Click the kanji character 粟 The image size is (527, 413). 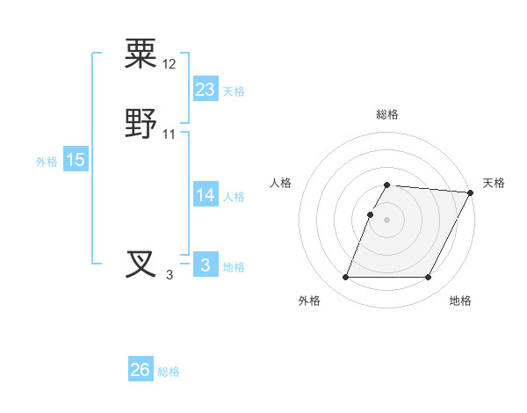coord(141,54)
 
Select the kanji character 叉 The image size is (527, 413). coord(141,264)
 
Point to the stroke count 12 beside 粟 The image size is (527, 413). coord(170,65)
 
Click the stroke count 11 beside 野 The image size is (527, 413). coord(170,134)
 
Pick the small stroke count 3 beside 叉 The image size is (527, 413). coord(170,275)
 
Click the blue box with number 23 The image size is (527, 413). coord(205,89)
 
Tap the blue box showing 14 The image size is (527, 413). coord(205,195)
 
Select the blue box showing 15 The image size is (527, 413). coord(76,160)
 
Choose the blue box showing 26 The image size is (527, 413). coord(141,370)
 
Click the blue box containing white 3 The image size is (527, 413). coord(205,265)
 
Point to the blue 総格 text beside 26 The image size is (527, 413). coord(169,372)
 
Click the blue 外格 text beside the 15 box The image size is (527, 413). coord(47,162)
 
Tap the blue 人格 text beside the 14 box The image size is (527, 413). coord(234,197)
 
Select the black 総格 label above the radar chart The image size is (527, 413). coord(387,114)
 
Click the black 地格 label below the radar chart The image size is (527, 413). coord(460,301)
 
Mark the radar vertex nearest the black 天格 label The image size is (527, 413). coord(472,192)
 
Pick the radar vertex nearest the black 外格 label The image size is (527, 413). coord(345,278)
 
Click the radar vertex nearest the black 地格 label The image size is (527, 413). coord(429,278)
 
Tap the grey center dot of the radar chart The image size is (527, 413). coord(387,220)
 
